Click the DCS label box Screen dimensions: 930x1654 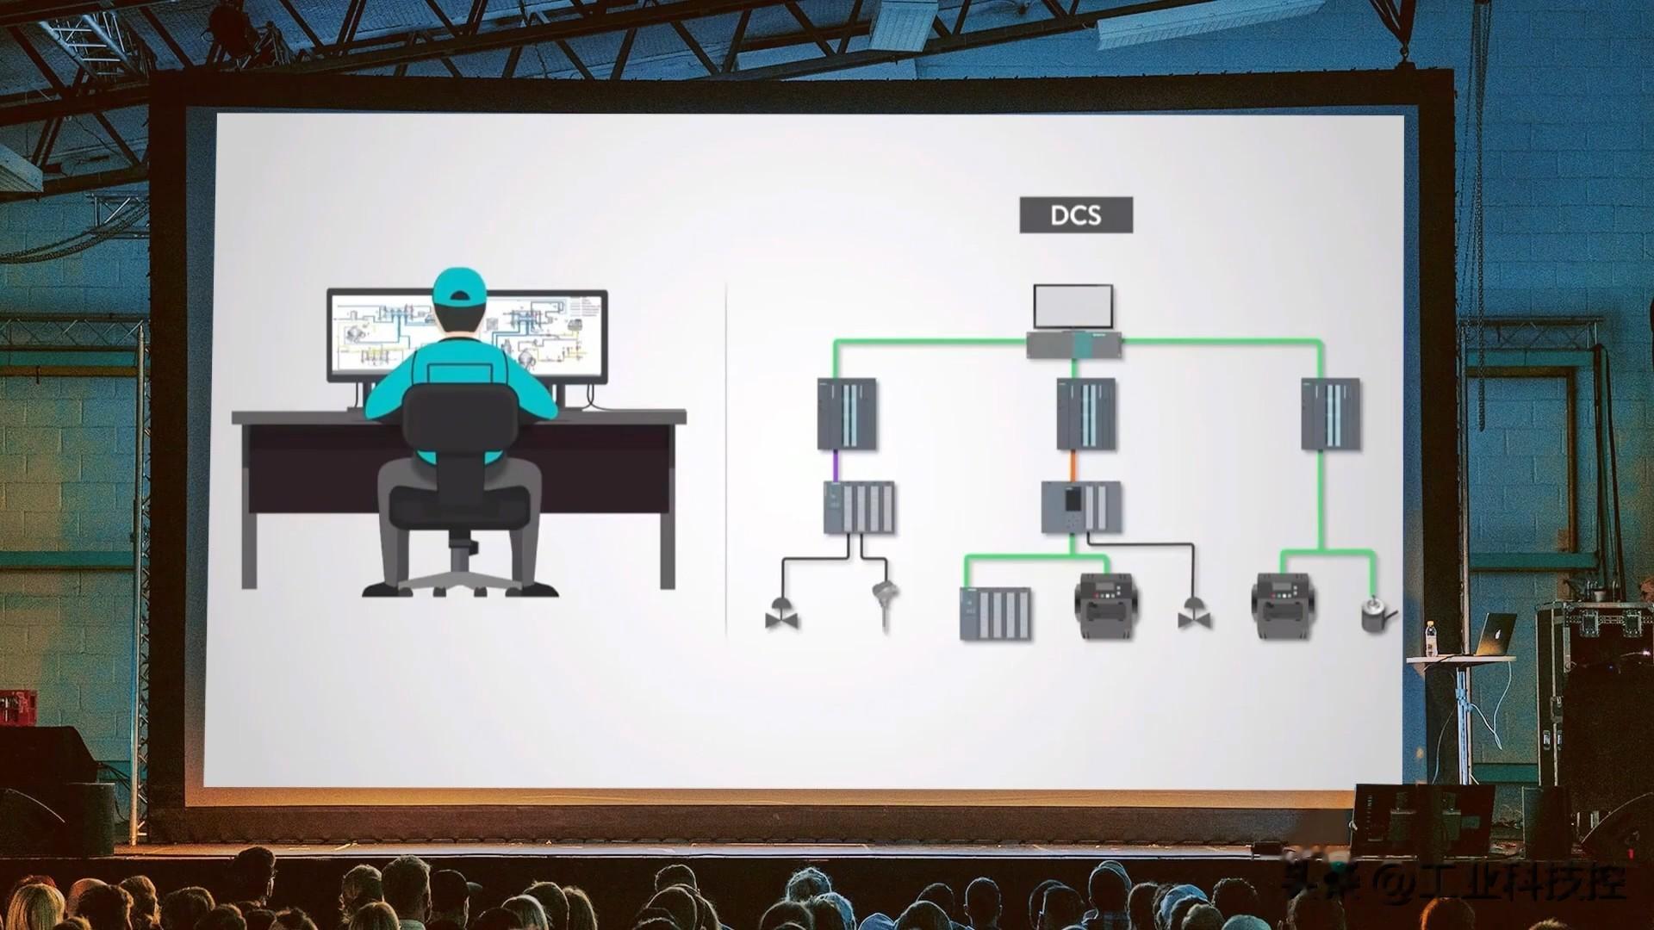pos(1076,214)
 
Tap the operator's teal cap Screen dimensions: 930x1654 pos(456,288)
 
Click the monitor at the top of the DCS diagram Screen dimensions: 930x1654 pos(1073,307)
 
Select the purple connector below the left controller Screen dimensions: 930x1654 pos(834,465)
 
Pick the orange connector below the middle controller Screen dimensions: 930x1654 pos(1073,465)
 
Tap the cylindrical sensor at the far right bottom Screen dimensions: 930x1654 pos(1376,617)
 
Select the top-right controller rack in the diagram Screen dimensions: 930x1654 pos(1331,413)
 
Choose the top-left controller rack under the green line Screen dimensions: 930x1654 pos(847,413)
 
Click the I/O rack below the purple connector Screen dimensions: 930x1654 pos(859,507)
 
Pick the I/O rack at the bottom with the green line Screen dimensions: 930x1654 pos(995,613)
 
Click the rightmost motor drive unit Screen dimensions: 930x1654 pos(1281,606)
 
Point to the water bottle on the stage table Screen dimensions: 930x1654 pos(1430,638)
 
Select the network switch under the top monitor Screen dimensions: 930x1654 pos(1073,344)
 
